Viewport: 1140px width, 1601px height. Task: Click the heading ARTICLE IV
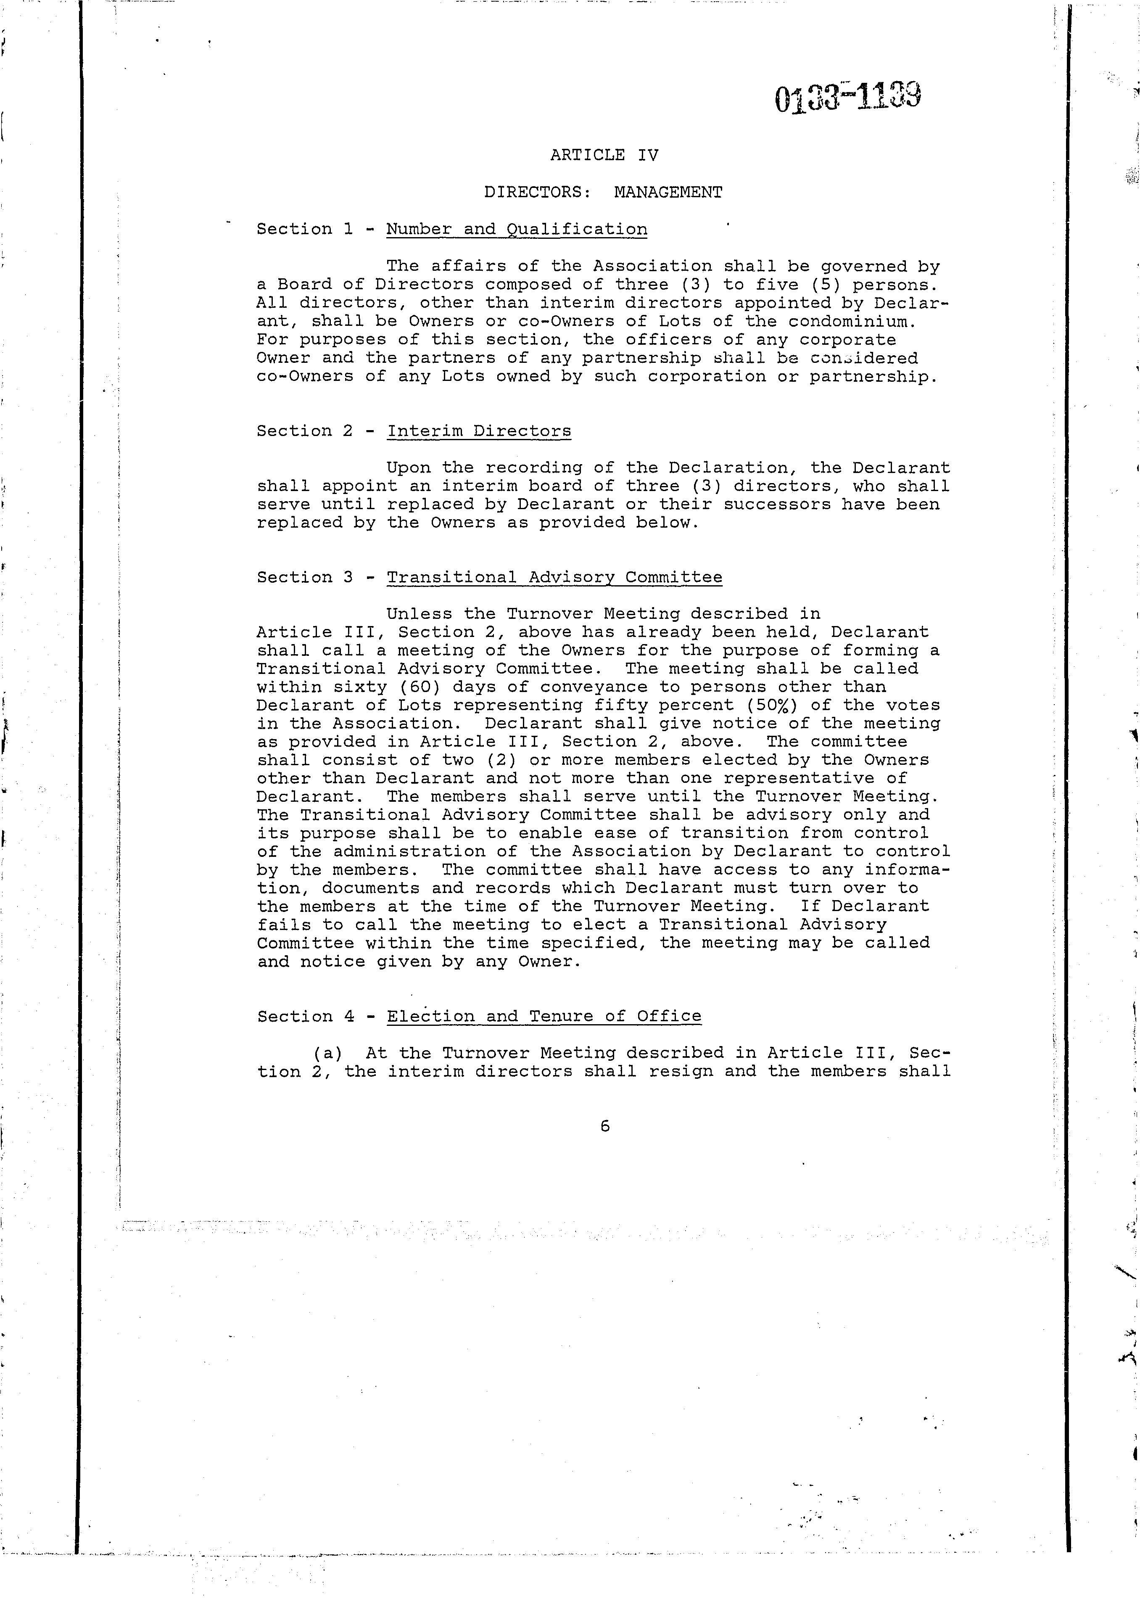(604, 155)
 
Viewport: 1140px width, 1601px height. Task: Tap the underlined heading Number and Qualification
(517, 230)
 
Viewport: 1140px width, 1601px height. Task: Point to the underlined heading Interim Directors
(479, 431)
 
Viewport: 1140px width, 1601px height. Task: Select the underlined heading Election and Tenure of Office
(544, 1016)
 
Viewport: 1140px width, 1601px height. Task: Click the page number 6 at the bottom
(605, 1126)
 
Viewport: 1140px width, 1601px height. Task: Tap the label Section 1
(305, 230)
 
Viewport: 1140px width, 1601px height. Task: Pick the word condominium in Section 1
(852, 322)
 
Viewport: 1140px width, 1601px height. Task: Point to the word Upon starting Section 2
(409, 468)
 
